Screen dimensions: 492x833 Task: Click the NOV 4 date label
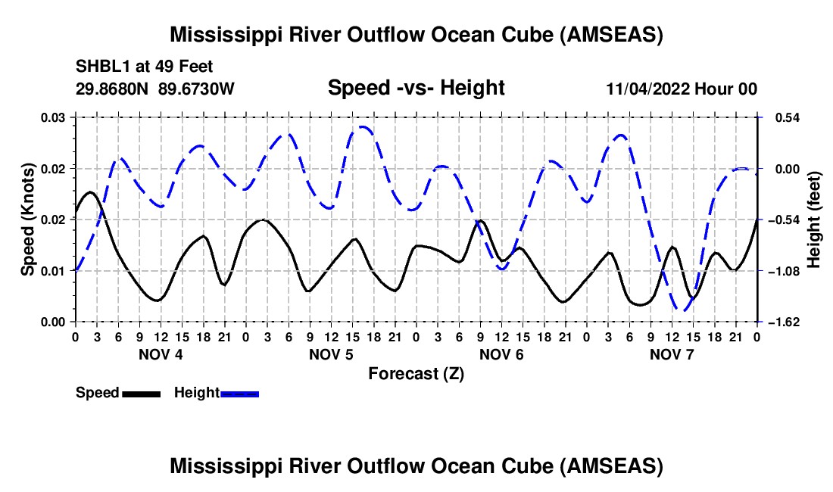(160, 354)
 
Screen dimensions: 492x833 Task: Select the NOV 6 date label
(501, 354)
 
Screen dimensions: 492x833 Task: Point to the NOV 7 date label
(672, 354)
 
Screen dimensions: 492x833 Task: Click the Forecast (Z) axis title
(416, 373)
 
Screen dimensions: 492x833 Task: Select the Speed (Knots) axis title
(28, 220)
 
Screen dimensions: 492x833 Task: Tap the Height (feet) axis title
(814, 220)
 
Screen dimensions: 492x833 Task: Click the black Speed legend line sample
(141, 393)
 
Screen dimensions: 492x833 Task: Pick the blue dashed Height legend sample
(239, 393)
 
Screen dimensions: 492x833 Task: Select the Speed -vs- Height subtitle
(416, 88)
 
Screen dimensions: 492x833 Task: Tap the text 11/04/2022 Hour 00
(682, 89)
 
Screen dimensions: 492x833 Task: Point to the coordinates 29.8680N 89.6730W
(155, 89)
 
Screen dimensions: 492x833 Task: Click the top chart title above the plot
(416, 35)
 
